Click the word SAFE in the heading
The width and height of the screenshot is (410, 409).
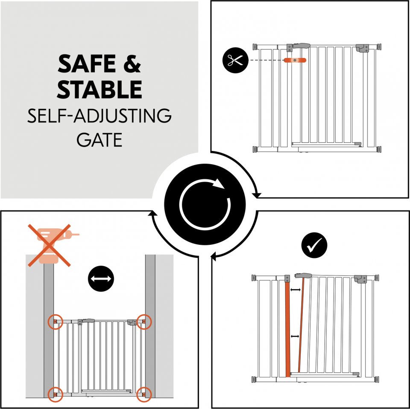tap(86, 64)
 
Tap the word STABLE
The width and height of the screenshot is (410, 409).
tap(100, 89)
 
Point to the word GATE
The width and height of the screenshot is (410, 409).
tap(100, 140)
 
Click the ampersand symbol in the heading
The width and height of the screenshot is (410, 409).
tap(132, 64)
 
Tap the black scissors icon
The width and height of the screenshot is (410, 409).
tap(235, 60)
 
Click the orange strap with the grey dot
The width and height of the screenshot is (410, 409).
tap(295, 60)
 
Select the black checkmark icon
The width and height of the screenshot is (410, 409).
tap(314, 245)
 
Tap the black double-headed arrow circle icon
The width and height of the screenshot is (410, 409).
tap(101, 278)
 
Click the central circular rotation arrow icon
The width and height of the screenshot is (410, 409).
tap(205, 204)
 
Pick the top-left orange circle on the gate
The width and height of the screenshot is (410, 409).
tap(56, 322)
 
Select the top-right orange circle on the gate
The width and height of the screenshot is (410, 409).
tap(144, 322)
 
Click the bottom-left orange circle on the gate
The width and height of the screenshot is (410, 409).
tap(56, 394)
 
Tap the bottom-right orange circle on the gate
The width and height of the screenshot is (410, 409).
tap(144, 394)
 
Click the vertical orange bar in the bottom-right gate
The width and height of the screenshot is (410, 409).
tap(287, 329)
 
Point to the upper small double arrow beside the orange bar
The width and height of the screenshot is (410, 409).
tap(296, 290)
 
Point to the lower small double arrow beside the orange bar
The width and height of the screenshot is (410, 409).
tap(295, 336)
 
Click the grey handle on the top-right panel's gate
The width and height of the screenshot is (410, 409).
tap(302, 46)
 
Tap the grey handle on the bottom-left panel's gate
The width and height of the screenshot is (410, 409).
tap(88, 320)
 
